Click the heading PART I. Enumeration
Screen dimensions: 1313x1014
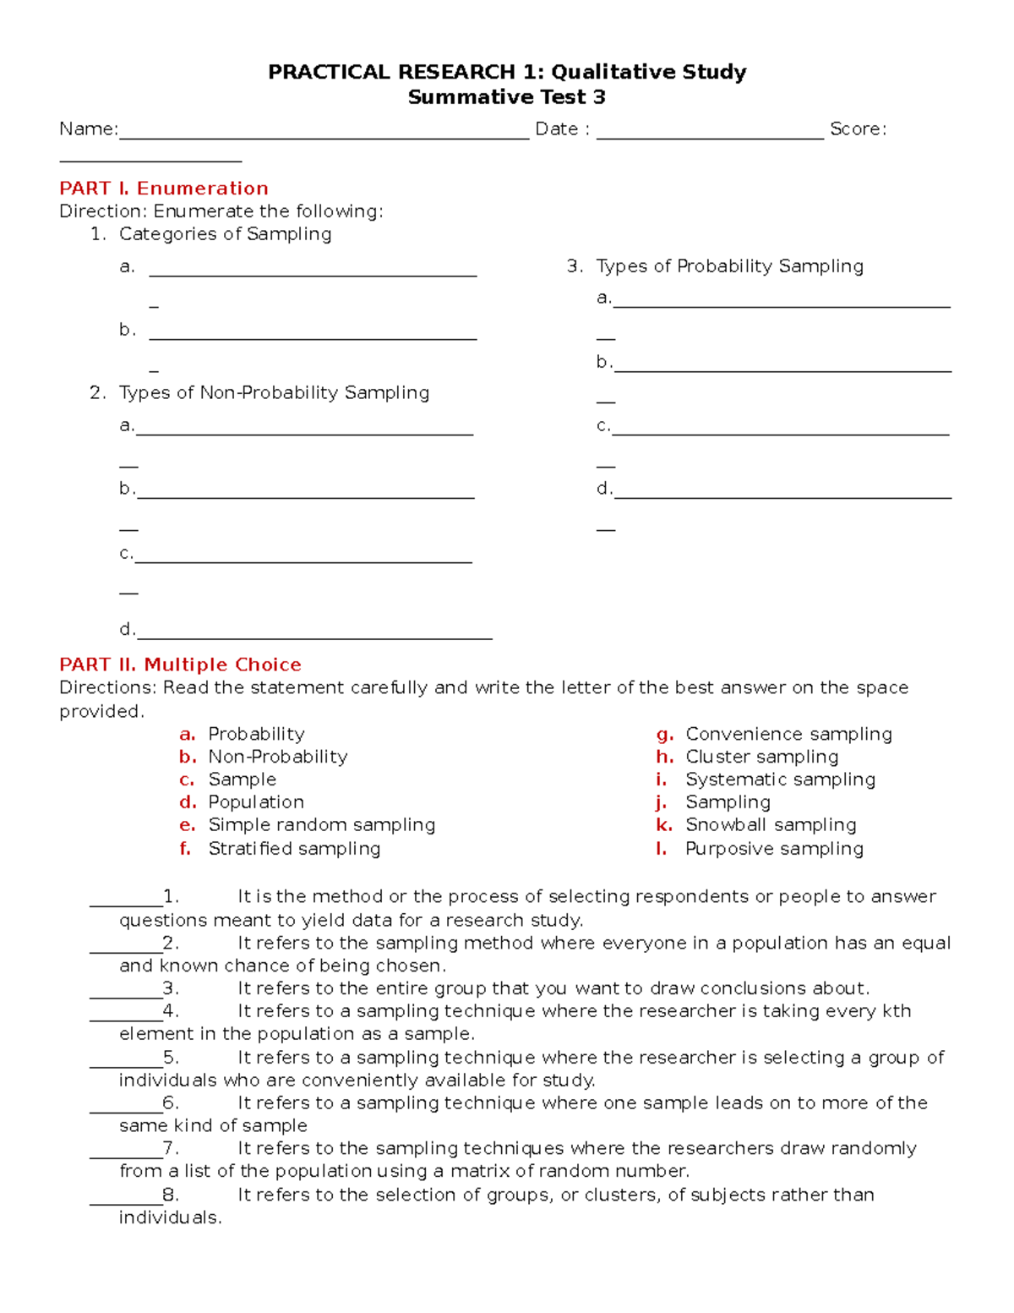coord(163,188)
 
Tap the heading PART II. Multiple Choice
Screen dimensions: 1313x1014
coord(180,665)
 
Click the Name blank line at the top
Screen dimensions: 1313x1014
coord(324,135)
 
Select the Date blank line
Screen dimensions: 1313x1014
coord(710,135)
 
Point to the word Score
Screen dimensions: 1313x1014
coord(857,129)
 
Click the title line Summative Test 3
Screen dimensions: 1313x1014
coord(506,97)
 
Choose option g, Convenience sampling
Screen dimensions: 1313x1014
coord(788,734)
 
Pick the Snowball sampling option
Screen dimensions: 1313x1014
coord(770,824)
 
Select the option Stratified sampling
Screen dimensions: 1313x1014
coord(294,848)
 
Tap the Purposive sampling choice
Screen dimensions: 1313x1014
coord(773,848)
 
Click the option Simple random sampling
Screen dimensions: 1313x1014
coord(321,824)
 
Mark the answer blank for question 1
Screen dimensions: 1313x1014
coord(126,903)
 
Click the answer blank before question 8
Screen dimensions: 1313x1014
coord(126,1201)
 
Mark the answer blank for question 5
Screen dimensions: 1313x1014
coord(126,1064)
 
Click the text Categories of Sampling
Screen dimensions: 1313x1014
coord(225,233)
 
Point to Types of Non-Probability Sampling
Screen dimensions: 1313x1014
coord(274,392)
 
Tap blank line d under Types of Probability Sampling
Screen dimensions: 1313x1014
coord(782,495)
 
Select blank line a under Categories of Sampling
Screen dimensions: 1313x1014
coord(313,273)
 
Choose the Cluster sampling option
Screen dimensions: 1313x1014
coord(761,757)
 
